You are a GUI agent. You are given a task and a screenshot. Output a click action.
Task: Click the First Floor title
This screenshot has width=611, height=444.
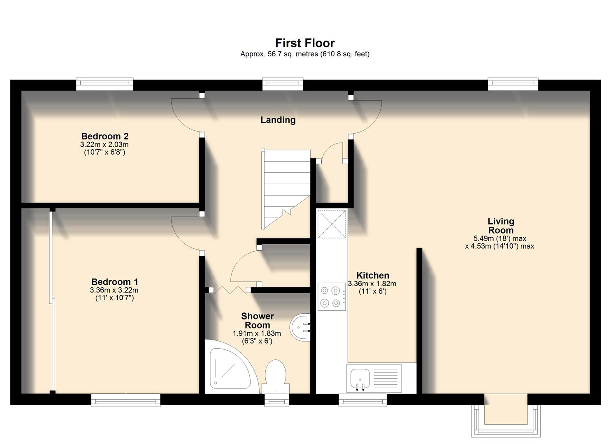coord(305,43)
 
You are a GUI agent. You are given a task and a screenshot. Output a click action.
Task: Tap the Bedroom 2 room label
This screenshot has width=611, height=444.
coord(105,136)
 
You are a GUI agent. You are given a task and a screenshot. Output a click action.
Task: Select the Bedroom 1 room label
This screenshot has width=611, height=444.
coord(114,282)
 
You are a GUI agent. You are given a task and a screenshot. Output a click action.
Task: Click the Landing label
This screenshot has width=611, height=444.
coord(278,120)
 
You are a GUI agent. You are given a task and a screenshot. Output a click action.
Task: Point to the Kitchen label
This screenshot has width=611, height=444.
coord(372,275)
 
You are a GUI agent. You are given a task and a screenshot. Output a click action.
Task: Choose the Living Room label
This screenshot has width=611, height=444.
coord(500,226)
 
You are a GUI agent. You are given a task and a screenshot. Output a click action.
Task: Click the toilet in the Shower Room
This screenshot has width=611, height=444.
coord(275,376)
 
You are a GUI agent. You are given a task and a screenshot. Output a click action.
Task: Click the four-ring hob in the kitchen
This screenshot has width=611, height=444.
coord(331,296)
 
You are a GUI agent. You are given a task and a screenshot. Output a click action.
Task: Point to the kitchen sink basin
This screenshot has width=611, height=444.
coord(360,378)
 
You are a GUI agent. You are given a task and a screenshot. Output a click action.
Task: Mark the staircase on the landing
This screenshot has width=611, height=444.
coord(286,187)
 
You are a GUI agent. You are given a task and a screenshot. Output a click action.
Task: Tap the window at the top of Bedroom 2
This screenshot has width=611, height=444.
coord(105,84)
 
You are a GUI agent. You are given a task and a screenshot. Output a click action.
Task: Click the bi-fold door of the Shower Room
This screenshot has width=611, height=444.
coord(229,289)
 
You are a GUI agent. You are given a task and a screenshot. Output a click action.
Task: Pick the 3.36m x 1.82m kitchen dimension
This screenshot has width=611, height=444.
coord(372,284)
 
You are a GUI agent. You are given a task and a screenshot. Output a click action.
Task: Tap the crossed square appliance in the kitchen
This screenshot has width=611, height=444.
coord(332,224)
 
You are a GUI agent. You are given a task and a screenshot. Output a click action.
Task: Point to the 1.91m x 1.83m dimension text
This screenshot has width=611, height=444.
coord(257,333)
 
